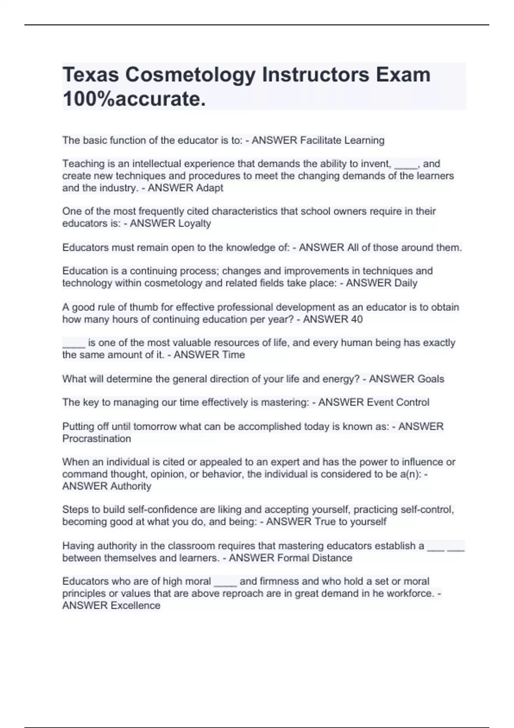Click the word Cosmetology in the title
coord(190,75)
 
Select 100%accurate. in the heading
coord(134,99)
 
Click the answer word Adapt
coord(209,188)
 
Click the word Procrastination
coord(97,439)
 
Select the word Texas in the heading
coord(90,75)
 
